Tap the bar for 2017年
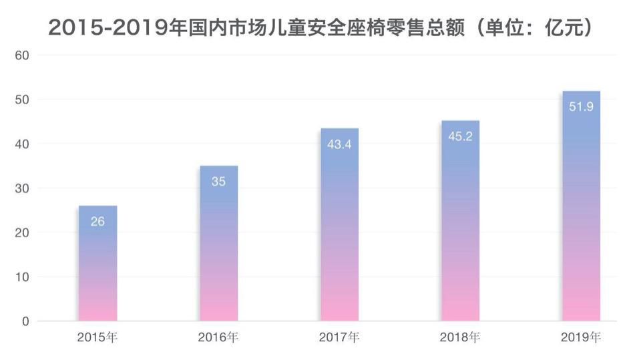coord(339,227)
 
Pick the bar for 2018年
coord(460,224)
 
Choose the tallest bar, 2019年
coord(581,207)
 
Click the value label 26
coord(97,221)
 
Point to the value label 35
coord(218,181)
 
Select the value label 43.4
coord(339,144)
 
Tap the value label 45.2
coord(460,136)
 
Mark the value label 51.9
coord(581,107)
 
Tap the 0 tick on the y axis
coord(25,321)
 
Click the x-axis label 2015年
coord(97,337)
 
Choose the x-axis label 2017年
coord(339,337)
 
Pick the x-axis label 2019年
coord(581,337)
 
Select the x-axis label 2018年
coord(460,337)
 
